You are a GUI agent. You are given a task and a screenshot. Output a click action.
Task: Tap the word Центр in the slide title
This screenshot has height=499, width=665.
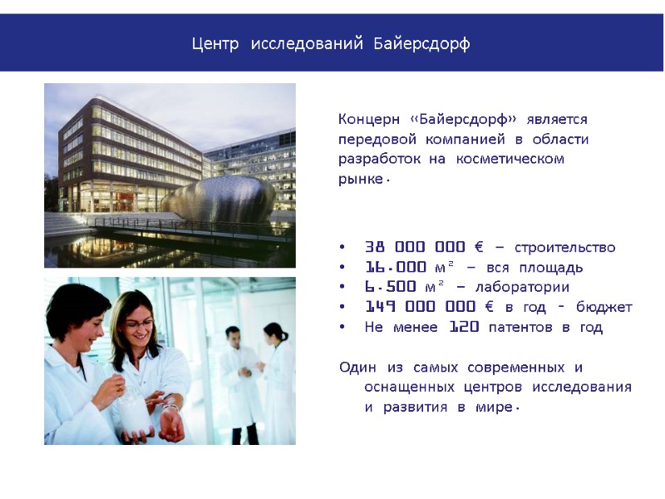click(217, 43)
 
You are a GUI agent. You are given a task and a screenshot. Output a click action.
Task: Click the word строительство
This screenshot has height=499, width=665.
click(565, 248)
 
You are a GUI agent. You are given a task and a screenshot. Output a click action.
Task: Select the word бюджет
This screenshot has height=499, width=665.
click(603, 308)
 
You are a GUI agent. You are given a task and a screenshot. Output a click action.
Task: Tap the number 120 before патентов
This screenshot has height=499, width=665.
click(464, 328)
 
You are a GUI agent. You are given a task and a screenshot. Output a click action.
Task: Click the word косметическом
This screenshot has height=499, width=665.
click(510, 158)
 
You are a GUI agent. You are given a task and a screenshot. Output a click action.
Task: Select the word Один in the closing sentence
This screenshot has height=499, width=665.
click(358, 368)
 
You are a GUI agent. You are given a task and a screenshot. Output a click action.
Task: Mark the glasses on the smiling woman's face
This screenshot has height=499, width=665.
click(143, 320)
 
